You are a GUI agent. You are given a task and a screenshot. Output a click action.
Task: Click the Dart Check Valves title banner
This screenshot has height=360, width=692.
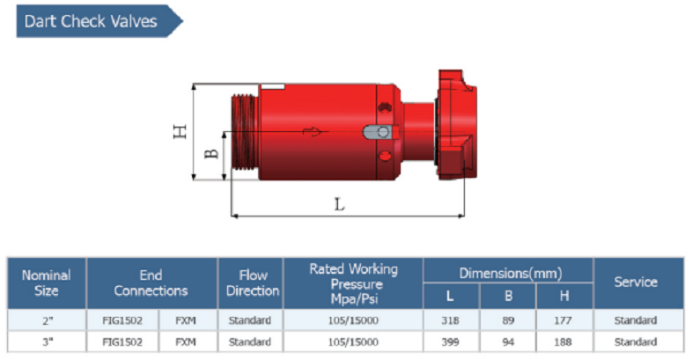pos(92,21)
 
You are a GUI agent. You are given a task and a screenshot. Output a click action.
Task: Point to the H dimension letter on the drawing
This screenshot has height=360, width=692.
pos(180,131)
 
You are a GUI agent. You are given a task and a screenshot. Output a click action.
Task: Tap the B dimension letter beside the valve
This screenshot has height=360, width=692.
pos(211,153)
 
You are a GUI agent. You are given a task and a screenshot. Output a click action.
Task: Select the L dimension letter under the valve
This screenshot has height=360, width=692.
pos(340,203)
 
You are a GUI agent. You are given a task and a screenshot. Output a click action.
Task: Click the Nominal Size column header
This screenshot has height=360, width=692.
pos(46,283)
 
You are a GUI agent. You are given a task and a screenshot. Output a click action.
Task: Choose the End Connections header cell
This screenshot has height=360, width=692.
pos(151,283)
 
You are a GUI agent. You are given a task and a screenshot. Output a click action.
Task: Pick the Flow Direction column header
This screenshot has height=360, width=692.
pos(253,283)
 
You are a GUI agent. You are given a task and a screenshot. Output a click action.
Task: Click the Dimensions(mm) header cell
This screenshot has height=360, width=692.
pos(509,273)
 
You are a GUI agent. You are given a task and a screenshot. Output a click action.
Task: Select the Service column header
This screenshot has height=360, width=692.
pos(636,283)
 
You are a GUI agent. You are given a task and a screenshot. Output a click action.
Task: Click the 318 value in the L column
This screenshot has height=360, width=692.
pos(452,320)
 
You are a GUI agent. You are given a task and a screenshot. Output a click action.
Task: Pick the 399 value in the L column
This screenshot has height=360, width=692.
pos(452,342)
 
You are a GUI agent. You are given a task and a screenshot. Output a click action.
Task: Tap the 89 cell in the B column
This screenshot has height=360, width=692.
pos(508,320)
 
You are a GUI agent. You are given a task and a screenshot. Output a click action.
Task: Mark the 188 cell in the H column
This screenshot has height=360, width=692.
pos(563,342)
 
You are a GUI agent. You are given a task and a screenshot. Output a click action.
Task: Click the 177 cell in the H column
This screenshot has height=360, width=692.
pos(563,320)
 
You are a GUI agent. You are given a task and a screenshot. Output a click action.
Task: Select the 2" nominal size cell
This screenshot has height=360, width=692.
pos(46,320)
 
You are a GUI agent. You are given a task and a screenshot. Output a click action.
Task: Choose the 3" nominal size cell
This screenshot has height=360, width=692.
pos(46,342)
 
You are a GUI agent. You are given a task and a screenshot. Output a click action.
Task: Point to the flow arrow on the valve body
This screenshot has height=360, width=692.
pos(313,132)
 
